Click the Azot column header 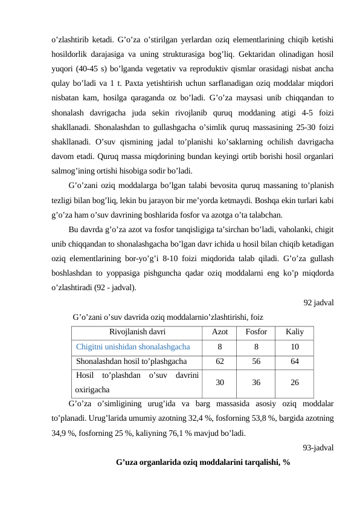point(220,332)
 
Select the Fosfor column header point(257,332)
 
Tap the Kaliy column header point(295,332)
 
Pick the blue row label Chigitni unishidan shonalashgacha point(133,347)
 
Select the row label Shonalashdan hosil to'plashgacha point(131,361)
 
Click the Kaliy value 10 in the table point(295,347)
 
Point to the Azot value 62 point(220,361)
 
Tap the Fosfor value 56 point(257,361)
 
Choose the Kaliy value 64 point(295,361)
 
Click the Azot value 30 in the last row point(220,383)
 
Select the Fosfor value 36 point(257,383)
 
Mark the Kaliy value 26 point(295,383)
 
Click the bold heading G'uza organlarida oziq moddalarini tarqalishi point(203,462)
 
